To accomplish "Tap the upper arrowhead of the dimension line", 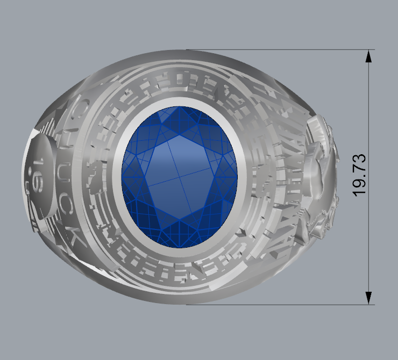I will tap(369, 56).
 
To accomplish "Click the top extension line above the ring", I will tap(280, 50).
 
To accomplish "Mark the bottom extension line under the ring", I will tap(280, 305).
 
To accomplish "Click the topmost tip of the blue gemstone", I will tap(181, 107).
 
